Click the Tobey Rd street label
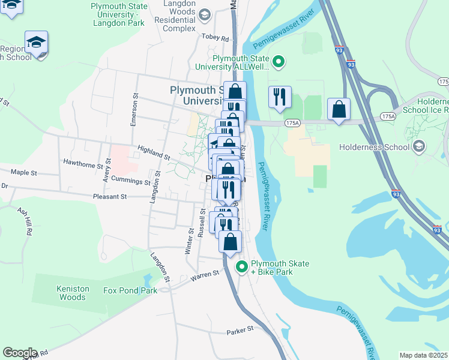click(217, 38)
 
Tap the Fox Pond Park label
click(130, 290)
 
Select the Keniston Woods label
click(73, 293)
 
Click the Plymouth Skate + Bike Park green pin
click(242, 267)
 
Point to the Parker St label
click(241, 331)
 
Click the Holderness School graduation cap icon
click(419, 146)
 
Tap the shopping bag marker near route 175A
click(339, 109)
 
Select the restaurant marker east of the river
click(280, 97)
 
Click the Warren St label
click(205, 275)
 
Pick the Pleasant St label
click(110, 196)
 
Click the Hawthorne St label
click(83, 163)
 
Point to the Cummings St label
click(130, 181)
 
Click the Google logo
click(20, 353)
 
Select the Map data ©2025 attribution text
click(423, 355)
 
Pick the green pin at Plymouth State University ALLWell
click(278, 61)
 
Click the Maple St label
click(24, 172)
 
